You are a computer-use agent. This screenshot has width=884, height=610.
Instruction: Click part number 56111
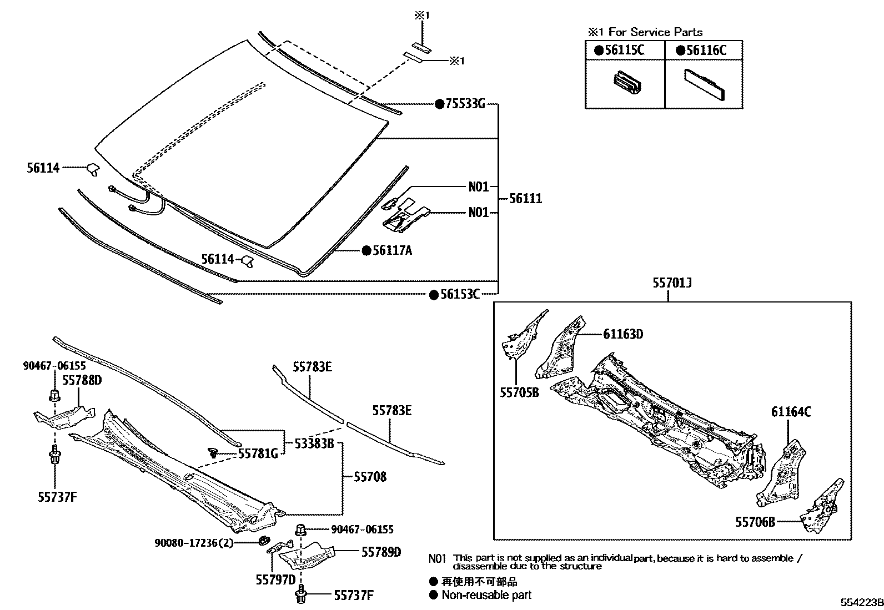(x=525, y=199)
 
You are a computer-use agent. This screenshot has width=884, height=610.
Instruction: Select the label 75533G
(x=465, y=104)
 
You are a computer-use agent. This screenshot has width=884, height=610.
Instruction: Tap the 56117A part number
(x=392, y=251)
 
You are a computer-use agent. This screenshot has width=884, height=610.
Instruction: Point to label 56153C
(x=460, y=295)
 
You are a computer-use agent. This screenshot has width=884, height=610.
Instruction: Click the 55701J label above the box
(x=672, y=284)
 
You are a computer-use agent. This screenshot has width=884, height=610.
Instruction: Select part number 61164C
(x=791, y=412)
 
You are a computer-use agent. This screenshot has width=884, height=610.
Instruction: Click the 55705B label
(x=519, y=392)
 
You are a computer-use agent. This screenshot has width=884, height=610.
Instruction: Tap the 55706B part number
(x=755, y=522)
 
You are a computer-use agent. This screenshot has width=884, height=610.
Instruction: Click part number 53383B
(x=314, y=443)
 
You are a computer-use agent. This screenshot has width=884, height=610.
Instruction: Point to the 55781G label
(x=258, y=454)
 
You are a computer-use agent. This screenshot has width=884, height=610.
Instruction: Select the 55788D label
(x=82, y=380)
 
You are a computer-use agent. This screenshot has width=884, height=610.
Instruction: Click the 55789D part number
(x=381, y=552)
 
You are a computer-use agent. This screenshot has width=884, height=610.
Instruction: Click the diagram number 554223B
(x=861, y=603)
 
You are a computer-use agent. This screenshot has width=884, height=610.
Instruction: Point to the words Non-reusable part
(x=486, y=595)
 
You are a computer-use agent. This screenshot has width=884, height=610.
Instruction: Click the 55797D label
(x=275, y=579)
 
